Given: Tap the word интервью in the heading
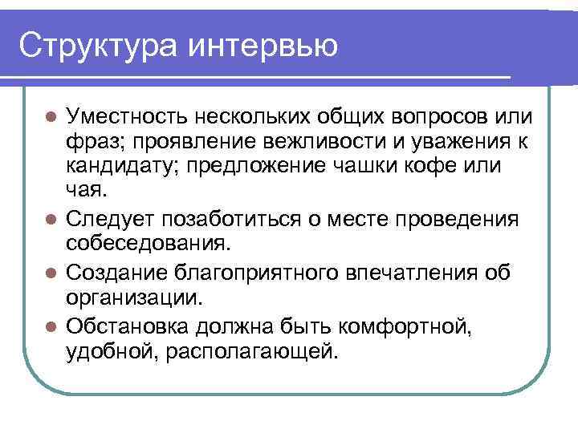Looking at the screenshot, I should click(x=264, y=44).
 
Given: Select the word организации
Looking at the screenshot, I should click(x=132, y=298).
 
